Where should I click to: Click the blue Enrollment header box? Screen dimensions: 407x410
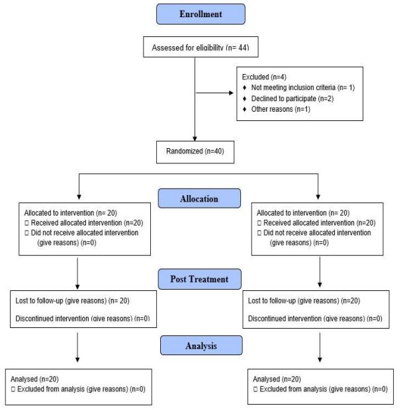tap(201, 14)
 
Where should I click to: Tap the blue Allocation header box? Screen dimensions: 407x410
tap(199, 198)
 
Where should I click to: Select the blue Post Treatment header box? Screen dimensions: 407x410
tap(199, 279)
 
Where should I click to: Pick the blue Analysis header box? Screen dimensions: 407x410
tap(201, 345)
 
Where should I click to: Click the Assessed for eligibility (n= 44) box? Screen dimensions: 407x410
tap(201, 47)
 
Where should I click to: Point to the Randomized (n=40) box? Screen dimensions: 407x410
tap(195, 152)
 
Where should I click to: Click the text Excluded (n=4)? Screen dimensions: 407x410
tap(264, 77)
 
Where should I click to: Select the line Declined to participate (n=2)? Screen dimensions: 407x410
tap(293, 99)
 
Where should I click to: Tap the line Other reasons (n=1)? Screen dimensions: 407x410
tap(281, 109)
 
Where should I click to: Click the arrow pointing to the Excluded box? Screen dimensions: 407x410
tap(214, 93)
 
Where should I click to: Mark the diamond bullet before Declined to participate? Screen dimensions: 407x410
tap(244, 99)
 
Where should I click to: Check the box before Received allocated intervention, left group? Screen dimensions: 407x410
tap(26, 223)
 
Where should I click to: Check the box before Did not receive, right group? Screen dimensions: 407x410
tap(259, 233)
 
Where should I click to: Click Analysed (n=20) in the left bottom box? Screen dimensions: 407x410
tap(34, 379)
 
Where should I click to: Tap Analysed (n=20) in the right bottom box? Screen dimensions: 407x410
tap(277, 379)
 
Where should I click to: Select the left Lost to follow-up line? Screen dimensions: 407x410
tap(73, 301)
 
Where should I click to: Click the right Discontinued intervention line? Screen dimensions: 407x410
tap(315, 319)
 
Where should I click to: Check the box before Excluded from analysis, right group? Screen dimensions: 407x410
tap(255, 389)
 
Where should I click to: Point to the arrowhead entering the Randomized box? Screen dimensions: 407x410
tap(195, 139)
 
